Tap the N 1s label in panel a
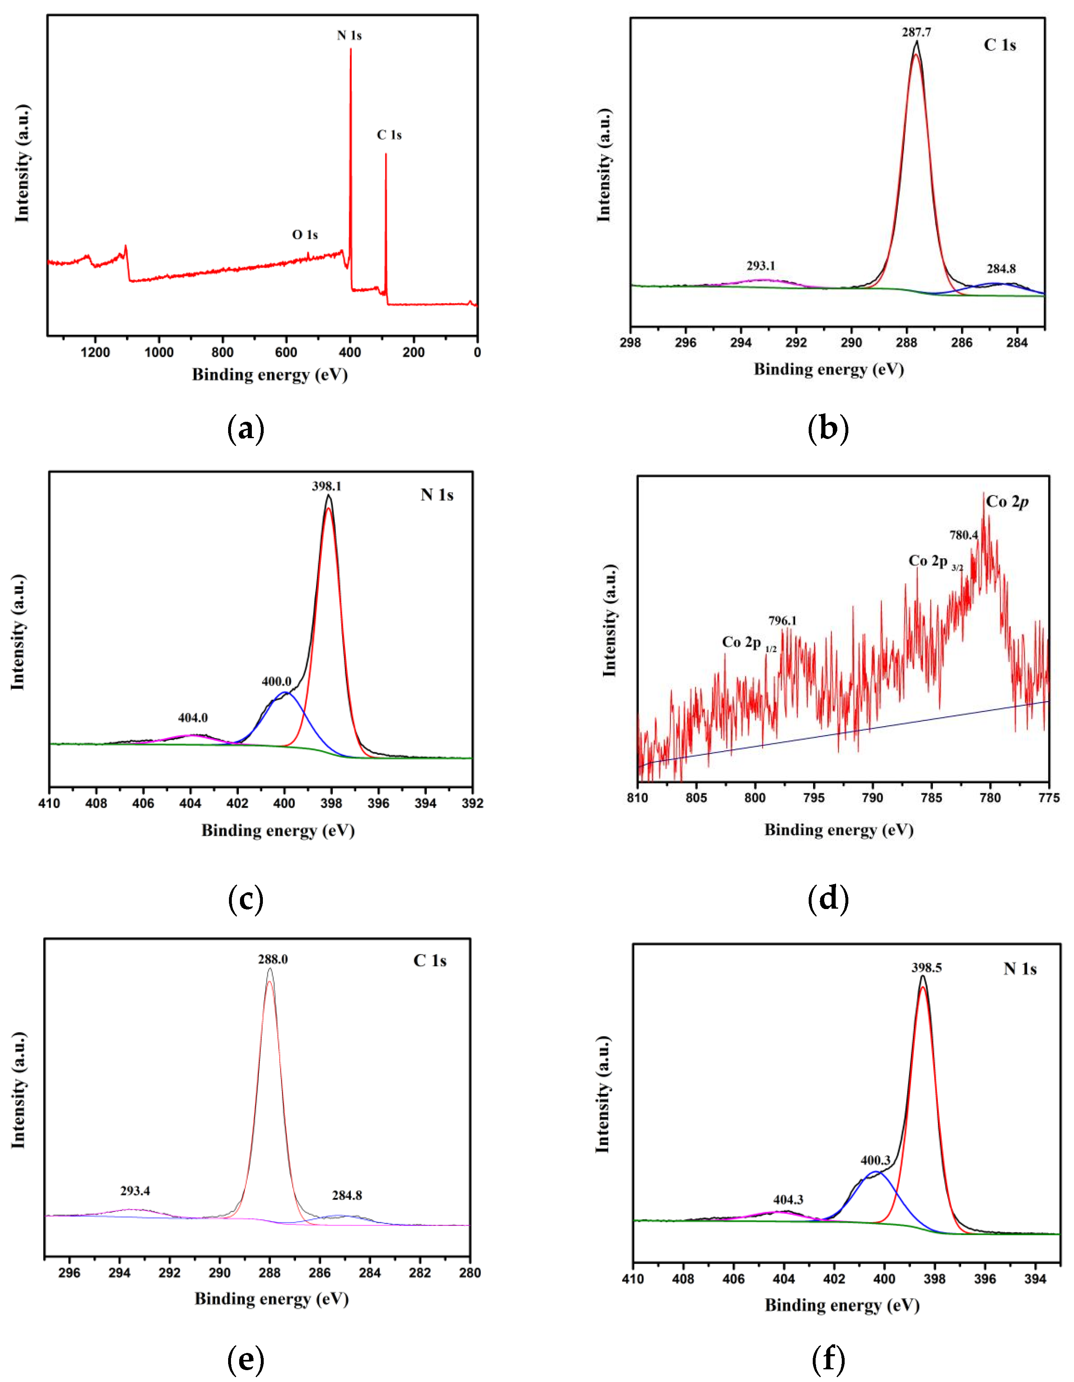pyautogui.click(x=349, y=36)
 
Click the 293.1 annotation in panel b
pyautogui.click(x=760, y=266)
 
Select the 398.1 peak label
pyautogui.click(x=326, y=486)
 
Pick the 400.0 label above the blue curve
pyautogui.click(x=276, y=682)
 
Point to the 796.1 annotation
pyautogui.click(x=783, y=621)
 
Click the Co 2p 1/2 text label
pyautogui.click(x=748, y=643)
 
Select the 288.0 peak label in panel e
pyautogui.click(x=273, y=959)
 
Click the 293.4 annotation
pyautogui.click(x=135, y=1191)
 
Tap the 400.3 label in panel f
pyautogui.click(x=875, y=1161)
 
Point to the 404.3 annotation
pyautogui.click(x=788, y=1200)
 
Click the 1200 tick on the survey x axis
pyautogui.click(x=96, y=353)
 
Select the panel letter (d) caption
pyautogui.click(x=828, y=899)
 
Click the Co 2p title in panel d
pyautogui.click(x=1007, y=502)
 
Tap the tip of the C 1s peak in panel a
pyautogui.click(x=386, y=154)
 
